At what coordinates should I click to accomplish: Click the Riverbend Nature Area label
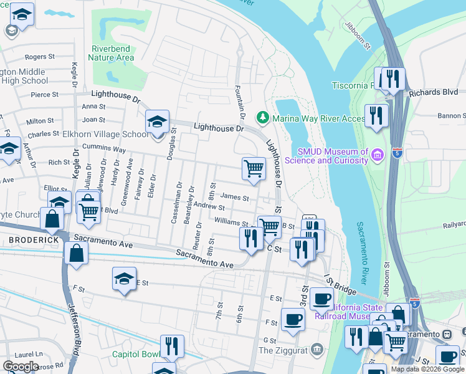[x=112, y=53]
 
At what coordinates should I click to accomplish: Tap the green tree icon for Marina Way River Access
[x=263, y=117]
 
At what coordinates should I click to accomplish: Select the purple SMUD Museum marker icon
[x=377, y=155]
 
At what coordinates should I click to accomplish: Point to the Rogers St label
[x=36, y=57]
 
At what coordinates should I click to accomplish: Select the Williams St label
[x=232, y=222]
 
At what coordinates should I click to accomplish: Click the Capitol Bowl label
[x=133, y=354]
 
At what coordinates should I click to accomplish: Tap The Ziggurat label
[x=283, y=350]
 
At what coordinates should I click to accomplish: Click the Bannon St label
[x=451, y=115]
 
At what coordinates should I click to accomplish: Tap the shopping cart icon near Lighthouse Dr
[x=254, y=168]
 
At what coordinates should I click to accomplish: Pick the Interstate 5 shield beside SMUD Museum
[x=397, y=152]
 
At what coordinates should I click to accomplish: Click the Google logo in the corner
[x=21, y=366]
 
